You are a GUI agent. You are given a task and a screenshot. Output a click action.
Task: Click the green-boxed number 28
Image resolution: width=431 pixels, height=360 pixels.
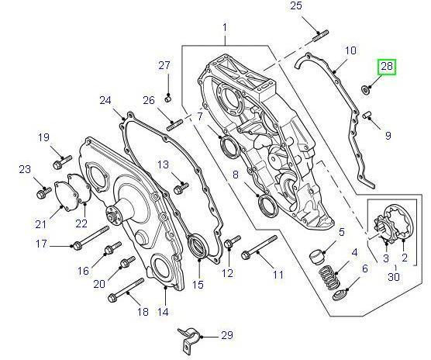click(386, 67)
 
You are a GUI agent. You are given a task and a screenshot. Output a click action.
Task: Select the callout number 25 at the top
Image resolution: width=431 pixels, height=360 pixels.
click(295, 7)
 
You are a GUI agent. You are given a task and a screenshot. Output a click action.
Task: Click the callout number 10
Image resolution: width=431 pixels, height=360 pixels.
click(350, 50)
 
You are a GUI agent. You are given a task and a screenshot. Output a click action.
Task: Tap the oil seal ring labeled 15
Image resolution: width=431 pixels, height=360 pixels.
click(198, 249)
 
